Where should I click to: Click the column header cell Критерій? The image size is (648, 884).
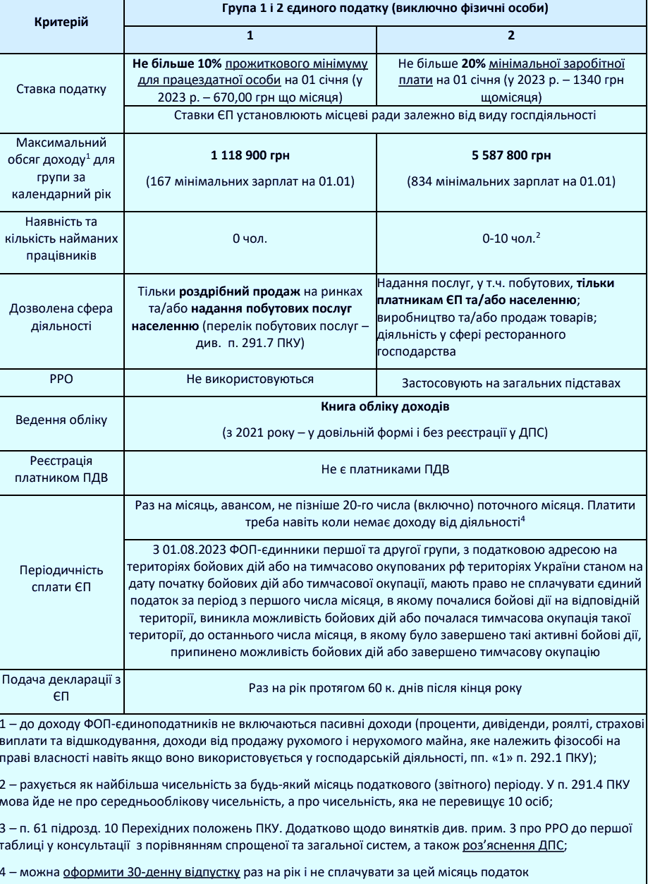coord(61,21)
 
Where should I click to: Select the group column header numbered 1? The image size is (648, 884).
coord(250,35)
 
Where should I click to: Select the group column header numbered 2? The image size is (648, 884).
coord(511,35)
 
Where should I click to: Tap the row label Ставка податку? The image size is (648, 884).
coord(61,90)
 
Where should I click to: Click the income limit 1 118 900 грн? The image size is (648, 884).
coord(250,155)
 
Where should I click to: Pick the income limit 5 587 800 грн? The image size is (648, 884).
coord(511,155)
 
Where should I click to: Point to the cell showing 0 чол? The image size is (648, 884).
coord(250,240)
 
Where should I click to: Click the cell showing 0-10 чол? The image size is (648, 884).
coord(511,240)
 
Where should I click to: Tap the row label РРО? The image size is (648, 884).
coord(61,379)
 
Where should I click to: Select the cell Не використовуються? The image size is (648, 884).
coord(250,379)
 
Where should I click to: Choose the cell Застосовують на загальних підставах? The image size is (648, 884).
coord(511,384)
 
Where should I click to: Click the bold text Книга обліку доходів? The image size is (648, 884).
coord(384,408)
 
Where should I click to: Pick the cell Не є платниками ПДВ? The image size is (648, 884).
coord(384,469)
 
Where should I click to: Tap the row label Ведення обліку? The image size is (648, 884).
coord(61,420)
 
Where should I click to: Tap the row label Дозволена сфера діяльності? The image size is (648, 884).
coord(61,317)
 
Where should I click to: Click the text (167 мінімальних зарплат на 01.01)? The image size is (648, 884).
coord(250,182)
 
